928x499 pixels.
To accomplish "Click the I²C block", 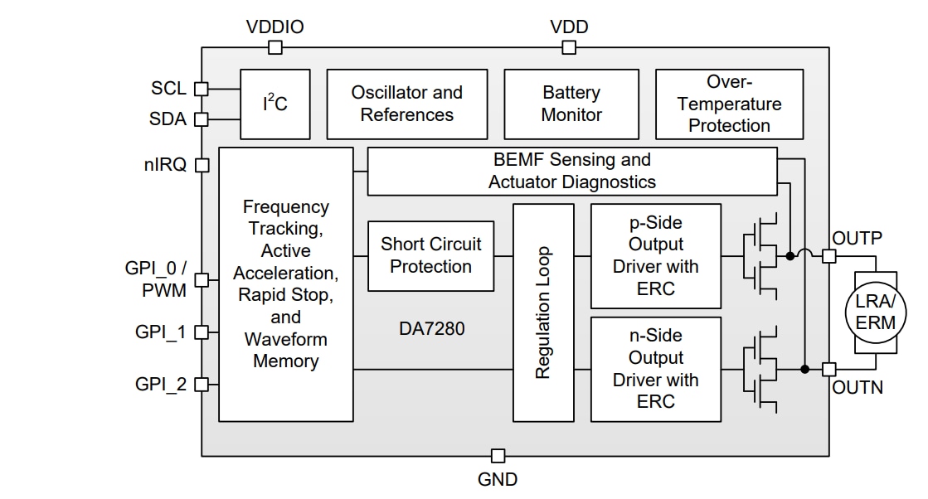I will coord(275,104).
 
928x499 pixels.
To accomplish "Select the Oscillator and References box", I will coord(406,104).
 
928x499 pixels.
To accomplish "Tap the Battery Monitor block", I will coord(571,104).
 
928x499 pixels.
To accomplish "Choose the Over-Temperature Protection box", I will coord(729,104).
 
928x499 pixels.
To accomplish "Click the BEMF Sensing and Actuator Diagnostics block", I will coord(571,171).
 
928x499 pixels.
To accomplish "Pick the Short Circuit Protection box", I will coord(430,255).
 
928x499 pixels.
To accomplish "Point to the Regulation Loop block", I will coord(543,312).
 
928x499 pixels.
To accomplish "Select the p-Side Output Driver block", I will coord(655,255).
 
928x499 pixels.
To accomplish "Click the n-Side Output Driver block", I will coord(655,369).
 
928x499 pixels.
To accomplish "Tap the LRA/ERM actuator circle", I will coord(876,312).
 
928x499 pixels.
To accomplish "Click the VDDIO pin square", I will coord(275,48).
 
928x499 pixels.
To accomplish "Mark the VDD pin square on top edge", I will coord(569,48).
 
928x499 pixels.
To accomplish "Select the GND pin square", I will coord(498,456).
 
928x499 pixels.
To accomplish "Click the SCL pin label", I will coord(168,89).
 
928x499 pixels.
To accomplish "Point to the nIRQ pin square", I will coord(201,165).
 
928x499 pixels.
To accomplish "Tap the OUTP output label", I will coord(858,238).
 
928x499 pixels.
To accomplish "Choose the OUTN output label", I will coord(858,387).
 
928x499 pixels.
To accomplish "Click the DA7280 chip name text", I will coord(431,329).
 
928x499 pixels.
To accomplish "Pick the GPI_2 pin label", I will coord(161,385).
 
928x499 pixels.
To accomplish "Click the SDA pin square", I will coord(201,119).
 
